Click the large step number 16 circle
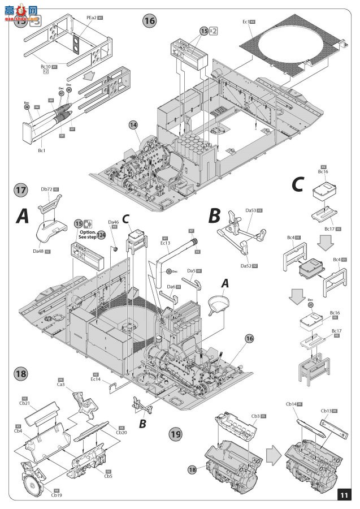[149, 21]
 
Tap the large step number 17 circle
[20, 191]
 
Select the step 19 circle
[176, 434]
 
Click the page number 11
[344, 494]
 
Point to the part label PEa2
[91, 18]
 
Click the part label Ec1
[245, 22]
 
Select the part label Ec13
[166, 243]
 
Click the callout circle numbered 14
[133, 124]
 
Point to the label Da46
[113, 222]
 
